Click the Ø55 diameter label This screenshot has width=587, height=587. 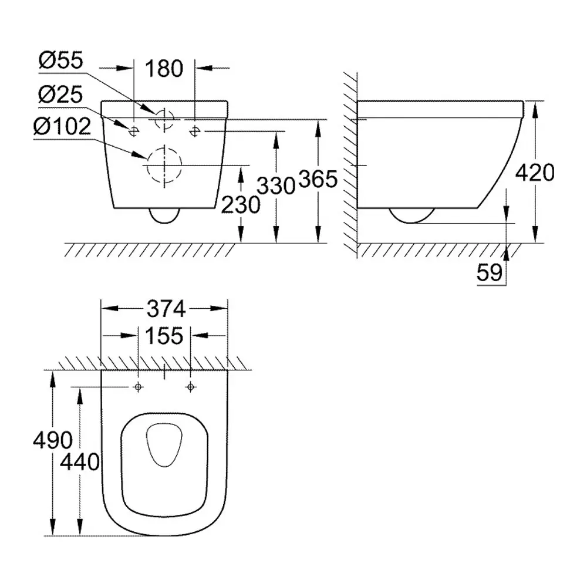[x=60, y=60]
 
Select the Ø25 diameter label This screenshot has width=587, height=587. [x=60, y=95]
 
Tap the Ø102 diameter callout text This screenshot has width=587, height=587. [x=62, y=126]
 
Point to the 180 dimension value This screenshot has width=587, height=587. [x=164, y=69]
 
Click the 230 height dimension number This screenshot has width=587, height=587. [x=241, y=205]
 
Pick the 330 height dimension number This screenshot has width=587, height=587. [x=276, y=185]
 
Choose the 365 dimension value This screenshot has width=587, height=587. [x=318, y=179]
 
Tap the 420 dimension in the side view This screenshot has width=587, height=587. [x=535, y=173]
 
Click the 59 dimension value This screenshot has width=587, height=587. [x=490, y=272]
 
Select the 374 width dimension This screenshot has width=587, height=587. [x=166, y=309]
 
